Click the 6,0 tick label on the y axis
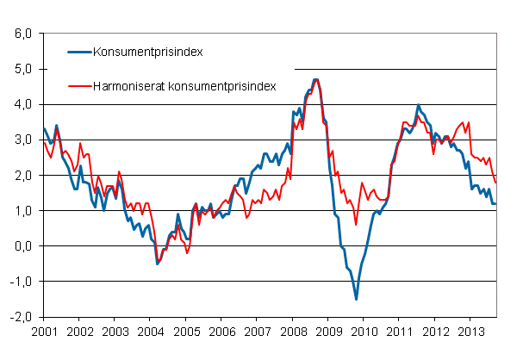[x=22, y=34]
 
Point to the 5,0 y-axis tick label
[x=22, y=69]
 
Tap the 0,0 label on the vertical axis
[x=22, y=245]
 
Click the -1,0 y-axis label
[x=20, y=281]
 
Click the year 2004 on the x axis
[x=150, y=331]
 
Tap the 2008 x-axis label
[x=293, y=331]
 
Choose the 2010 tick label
[x=364, y=331]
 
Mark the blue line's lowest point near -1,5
[x=356, y=299]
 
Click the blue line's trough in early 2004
[x=157, y=263]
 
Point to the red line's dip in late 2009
[x=356, y=224]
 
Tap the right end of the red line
[x=496, y=182]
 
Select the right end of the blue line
[x=496, y=203]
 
